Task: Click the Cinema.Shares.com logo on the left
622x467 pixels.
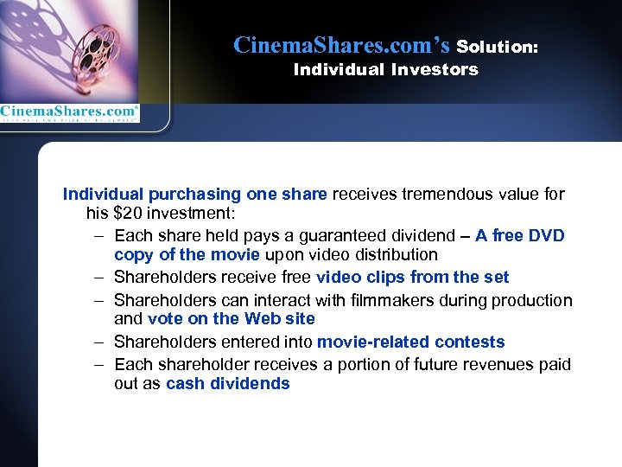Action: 69,112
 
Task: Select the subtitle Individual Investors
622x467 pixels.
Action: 385,70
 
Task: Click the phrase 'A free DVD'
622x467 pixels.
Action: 519,235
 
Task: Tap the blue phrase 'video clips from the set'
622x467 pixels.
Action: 413,277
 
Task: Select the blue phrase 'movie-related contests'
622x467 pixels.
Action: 411,342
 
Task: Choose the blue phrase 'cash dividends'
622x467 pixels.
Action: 228,383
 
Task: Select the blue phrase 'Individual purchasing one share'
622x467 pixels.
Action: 195,195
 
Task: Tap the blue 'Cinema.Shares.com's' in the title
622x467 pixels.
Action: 341,45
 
